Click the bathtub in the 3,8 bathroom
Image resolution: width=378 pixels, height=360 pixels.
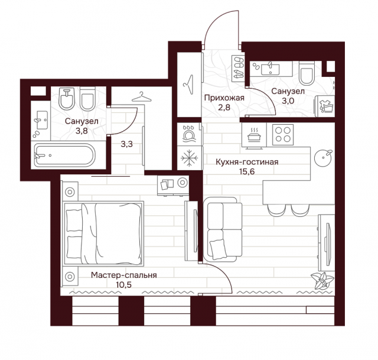point(64,155)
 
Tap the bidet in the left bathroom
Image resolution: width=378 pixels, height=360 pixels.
point(67,99)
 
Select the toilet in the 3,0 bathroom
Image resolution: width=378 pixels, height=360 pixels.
point(307,73)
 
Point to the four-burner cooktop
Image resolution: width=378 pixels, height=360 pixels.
point(283,135)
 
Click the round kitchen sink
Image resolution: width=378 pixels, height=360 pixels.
point(323,158)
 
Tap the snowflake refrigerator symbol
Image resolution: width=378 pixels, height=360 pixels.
point(190,158)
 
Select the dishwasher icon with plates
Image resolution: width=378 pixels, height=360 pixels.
point(188,134)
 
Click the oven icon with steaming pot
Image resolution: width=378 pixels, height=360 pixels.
point(254,135)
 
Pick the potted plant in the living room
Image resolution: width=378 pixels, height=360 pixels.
point(322,280)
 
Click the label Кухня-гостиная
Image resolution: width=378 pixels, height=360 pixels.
point(247,161)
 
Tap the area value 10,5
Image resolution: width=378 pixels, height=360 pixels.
point(124,285)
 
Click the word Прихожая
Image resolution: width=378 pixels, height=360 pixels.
point(224,98)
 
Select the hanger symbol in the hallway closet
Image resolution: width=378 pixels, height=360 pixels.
point(189,85)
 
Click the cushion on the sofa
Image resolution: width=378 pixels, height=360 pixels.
point(218,249)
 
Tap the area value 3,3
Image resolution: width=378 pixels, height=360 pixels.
point(126,144)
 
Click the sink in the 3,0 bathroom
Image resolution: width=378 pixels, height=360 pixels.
point(270,69)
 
